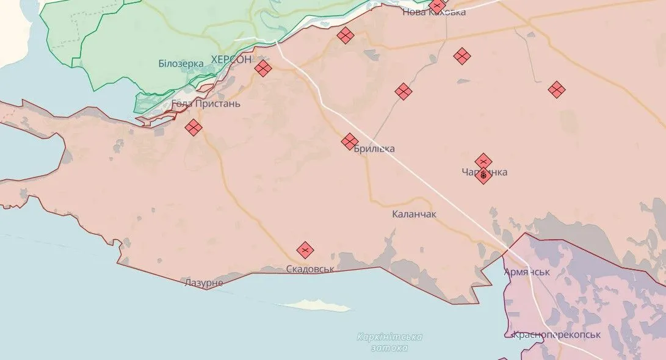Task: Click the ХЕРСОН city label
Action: point(231,59)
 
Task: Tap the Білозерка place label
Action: point(181,63)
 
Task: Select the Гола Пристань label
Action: point(206,104)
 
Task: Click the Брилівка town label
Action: point(374,149)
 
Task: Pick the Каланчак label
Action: point(414,214)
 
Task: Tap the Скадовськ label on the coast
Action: point(310,268)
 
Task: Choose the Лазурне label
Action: point(204,283)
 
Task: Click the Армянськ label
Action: point(527,272)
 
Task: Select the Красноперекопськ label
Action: point(556,334)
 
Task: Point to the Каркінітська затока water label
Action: point(389,342)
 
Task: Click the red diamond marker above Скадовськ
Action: point(305,250)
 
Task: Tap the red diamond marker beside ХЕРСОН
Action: point(262,68)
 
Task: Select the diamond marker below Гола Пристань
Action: point(194,128)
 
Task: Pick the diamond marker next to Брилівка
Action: point(350,142)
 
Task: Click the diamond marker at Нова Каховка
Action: point(438,6)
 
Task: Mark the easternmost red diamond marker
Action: point(556,90)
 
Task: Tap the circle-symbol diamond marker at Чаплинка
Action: point(483,176)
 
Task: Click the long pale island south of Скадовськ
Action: point(312,304)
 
